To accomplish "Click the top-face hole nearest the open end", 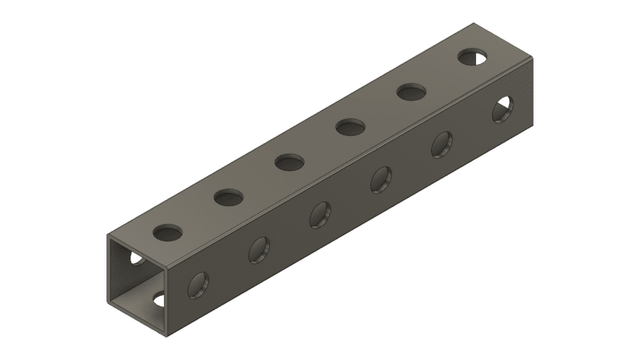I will pyautogui.click(x=168, y=233).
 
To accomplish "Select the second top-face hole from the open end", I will pyautogui.click(x=229, y=196).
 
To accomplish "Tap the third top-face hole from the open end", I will pyautogui.click(x=290, y=162).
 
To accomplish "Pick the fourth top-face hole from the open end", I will pyautogui.click(x=350, y=126).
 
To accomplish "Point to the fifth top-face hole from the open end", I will pyautogui.click(x=411, y=92).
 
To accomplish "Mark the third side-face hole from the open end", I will pyautogui.click(x=320, y=214).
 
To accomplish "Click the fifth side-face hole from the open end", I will pyautogui.click(x=442, y=144).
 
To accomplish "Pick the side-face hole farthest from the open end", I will pyautogui.click(x=503, y=109).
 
